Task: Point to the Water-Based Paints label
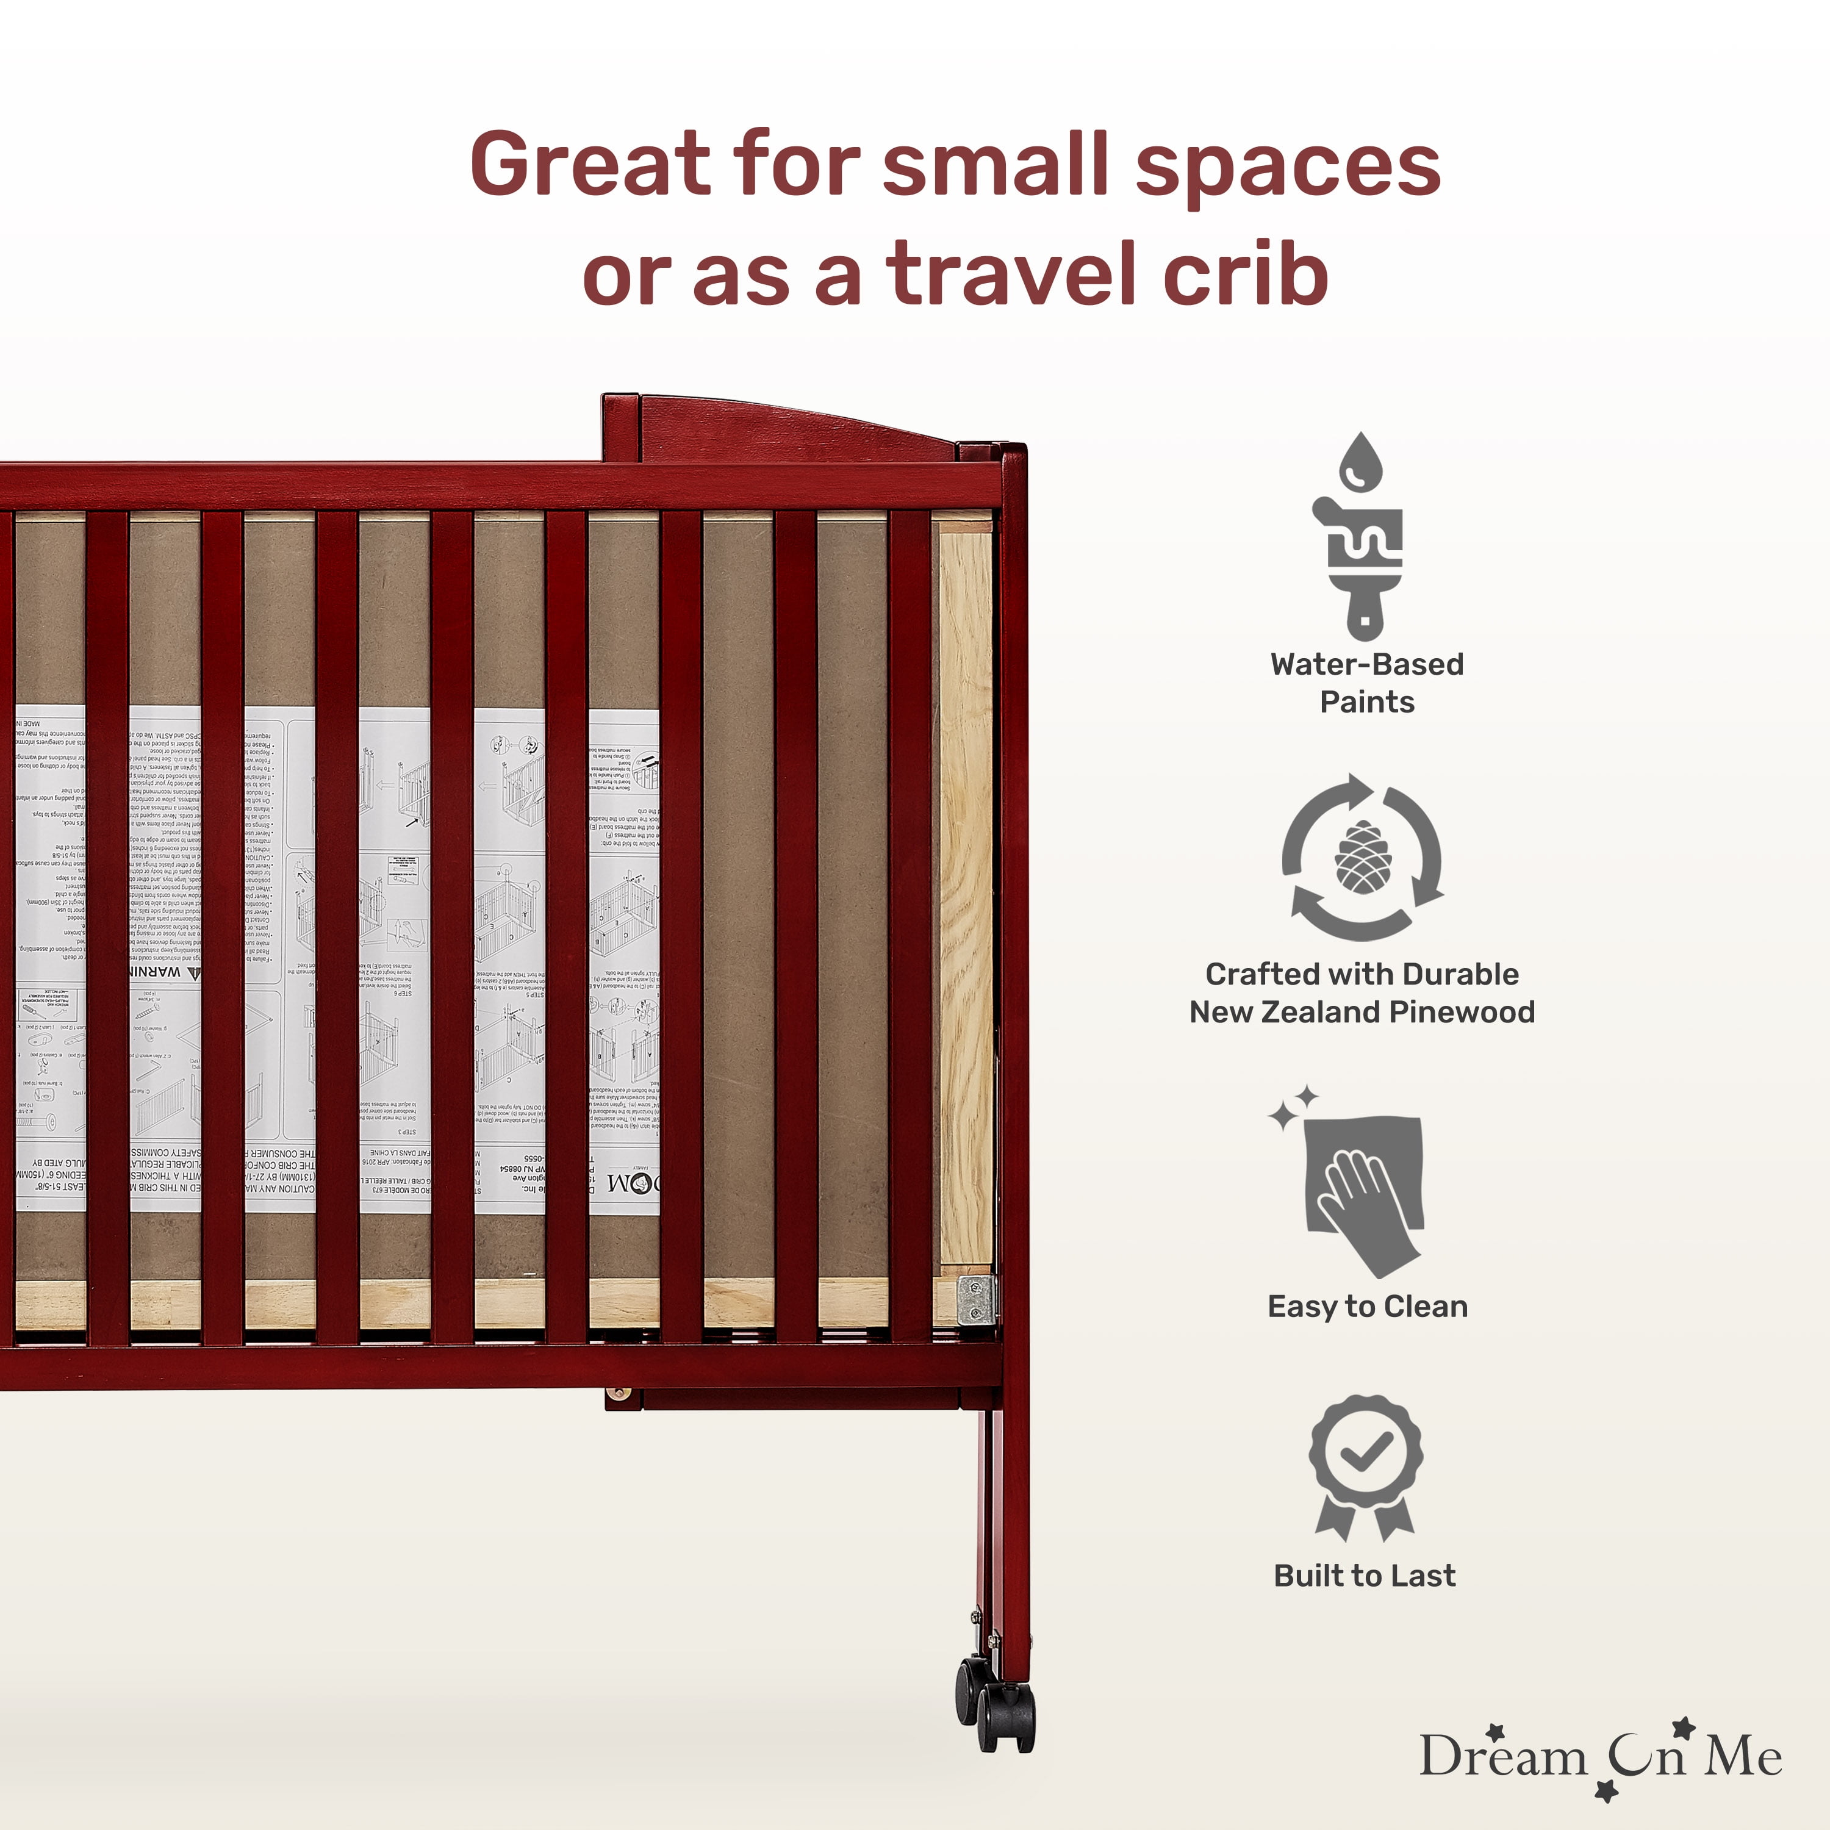click(x=1366, y=683)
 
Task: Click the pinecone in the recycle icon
click(x=1362, y=857)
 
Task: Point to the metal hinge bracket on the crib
click(x=975, y=1299)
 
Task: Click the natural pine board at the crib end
click(x=965, y=891)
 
